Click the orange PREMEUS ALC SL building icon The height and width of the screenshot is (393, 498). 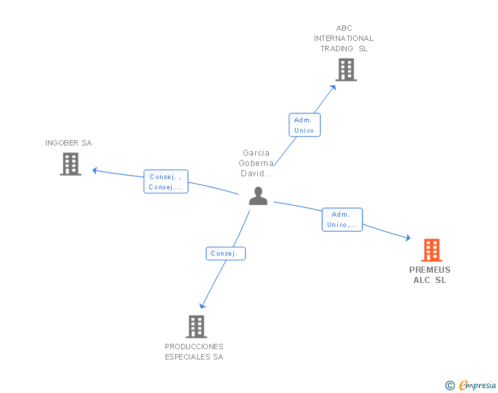[x=432, y=250]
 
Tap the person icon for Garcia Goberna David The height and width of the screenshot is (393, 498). [x=258, y=196]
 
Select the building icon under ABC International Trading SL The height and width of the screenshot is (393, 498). [x=346, y=70]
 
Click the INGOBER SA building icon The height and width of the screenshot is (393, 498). [x=70, y=164]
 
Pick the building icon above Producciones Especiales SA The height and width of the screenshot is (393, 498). [x=196, y=326]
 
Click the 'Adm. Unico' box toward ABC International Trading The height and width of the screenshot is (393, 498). [x=304, y=125]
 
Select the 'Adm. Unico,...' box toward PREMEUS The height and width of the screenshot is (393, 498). [x=342, y=219]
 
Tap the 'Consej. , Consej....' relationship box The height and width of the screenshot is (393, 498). [x=166, y=182]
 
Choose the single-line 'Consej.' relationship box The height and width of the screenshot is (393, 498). [x=226, y=254]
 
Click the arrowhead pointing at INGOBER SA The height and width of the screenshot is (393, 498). [x=94, y=170]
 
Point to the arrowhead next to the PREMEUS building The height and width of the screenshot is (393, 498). [x=408, y=237]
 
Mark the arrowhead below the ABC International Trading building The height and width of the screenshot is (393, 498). [x=333, y=87]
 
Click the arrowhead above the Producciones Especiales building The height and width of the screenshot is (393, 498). [x=202, y=306]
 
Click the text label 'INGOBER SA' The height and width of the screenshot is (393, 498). [x=68, y=143]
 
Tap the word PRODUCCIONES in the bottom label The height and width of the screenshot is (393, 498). [x=194, y=347]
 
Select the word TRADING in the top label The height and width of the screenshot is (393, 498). [x=337, y=49]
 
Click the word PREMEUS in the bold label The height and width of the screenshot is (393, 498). [x=430, y=270]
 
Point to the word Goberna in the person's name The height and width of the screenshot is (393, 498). [x=256, y=163]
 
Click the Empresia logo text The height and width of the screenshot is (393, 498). [x=477, y=385]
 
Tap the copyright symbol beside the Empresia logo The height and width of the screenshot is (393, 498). [x=450, y=385]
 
